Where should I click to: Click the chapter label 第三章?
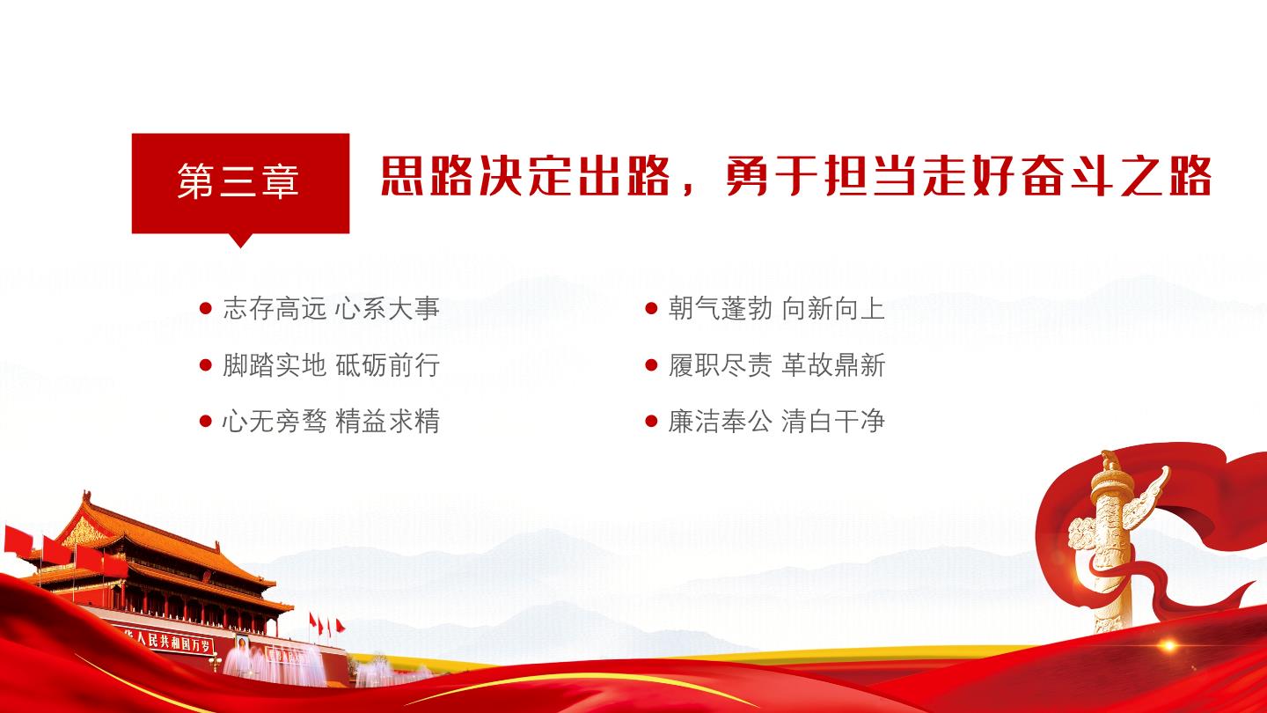pyautogui.click(x=238, y=181)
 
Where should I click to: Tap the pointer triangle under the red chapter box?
pyautogui.click(x=240, y=240)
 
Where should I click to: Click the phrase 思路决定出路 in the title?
pyautogui.click(x=525, y=176)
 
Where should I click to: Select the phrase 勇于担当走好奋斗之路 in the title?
pyautogui.click(x=969, y=176)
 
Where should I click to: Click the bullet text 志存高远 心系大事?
pyautogui.click(x=332, y=309)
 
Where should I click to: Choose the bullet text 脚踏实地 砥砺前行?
pyautogui.click(x=332, y=365)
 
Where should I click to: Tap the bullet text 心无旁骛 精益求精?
pyautogui.click(x=332, y=422)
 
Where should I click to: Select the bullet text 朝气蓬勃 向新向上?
pyautogui.click(x=777, y=309)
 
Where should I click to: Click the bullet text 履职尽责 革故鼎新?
pyautogui.click(x=777, y=365)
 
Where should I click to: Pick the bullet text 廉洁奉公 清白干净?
pyautogui.click(x=777, y=422)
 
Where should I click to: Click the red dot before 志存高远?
pyautogui.click(x=206, y=308)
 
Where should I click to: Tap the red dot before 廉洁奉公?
pyautogui.click(x=652, y=421)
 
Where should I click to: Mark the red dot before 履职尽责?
pyautogui.click(x=652, y=365)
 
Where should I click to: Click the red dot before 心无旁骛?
pyautogui.click(x=206, y=421)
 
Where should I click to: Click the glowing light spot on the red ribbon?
pyautogui.click(x=1168, y=645)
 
